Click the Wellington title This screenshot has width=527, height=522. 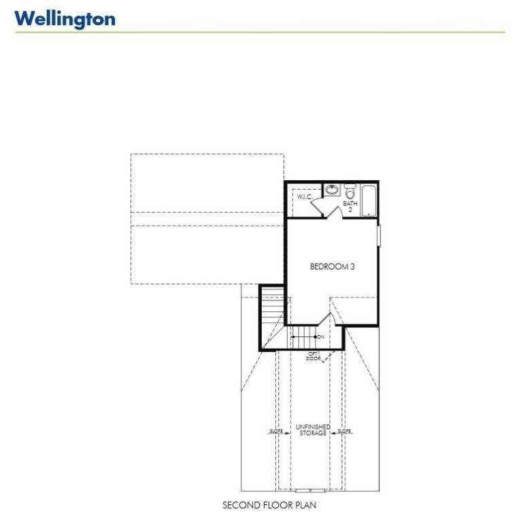coord(65,18)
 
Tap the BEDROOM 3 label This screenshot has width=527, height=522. coord(333,267)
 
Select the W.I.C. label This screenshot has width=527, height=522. coord(304,197)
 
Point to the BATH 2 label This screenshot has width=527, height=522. coord(350,207)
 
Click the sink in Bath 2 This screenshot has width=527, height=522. coord(332,190)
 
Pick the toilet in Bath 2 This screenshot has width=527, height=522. coord(350,192)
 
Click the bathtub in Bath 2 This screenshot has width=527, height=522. coord(369,201)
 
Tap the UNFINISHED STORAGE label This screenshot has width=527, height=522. coord(314,430)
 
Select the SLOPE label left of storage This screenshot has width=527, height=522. coord(276,431)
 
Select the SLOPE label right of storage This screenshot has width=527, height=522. coord(345,431)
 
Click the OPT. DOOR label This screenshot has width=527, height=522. coord(313,355)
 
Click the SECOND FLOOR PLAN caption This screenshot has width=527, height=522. coord(269,506)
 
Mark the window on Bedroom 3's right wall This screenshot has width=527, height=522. coord(379,235)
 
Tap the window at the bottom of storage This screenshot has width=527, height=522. coord(311,490)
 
